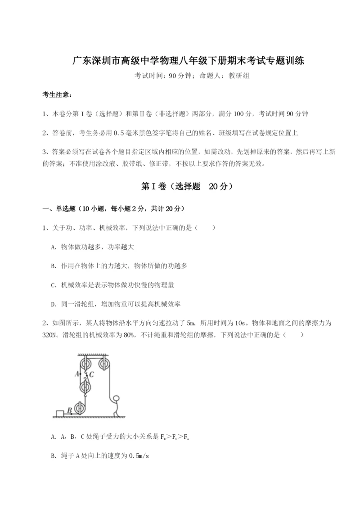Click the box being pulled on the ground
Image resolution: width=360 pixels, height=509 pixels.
60,413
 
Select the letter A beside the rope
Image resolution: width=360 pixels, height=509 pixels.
77,374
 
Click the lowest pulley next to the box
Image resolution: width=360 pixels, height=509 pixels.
80,409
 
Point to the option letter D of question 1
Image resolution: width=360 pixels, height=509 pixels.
54,304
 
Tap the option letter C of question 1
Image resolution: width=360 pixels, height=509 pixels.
54,285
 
